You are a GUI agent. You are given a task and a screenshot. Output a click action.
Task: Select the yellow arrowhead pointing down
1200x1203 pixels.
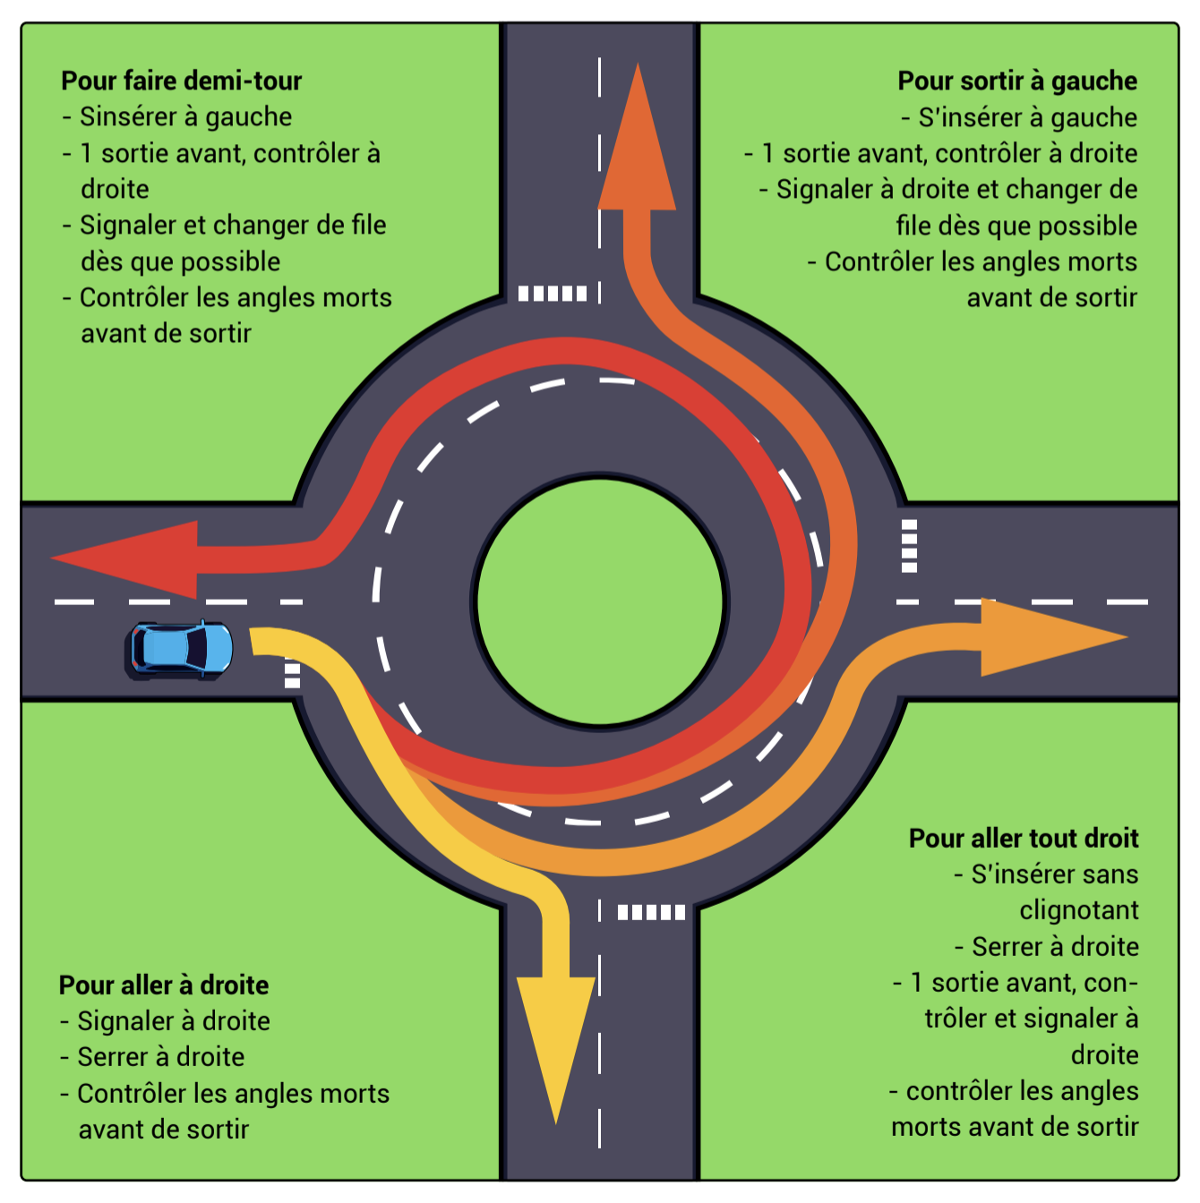tap(556, 1038)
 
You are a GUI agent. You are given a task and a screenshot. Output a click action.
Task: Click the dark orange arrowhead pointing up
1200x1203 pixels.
tap(637, 148)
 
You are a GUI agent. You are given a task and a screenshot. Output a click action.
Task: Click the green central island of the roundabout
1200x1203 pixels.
tap(600, 601)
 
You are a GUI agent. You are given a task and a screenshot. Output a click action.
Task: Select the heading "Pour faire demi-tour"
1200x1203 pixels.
tap(182, 81)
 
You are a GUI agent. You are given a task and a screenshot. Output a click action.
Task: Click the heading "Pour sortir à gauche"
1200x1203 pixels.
tap(1017, 81)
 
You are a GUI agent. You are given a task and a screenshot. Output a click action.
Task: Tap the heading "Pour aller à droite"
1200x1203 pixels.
tap(164, 985)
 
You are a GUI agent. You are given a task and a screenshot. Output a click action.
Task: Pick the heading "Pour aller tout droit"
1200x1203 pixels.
tap(1024, 838)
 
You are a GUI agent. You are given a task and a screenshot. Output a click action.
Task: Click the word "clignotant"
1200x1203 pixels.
tap(1079, 910)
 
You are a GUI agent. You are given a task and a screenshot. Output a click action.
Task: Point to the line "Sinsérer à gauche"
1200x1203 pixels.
tap(185, 117)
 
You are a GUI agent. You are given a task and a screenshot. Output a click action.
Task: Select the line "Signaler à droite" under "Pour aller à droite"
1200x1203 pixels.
tap(173, 1021)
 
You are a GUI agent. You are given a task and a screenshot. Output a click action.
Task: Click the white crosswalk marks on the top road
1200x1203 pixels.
tap(553, 293)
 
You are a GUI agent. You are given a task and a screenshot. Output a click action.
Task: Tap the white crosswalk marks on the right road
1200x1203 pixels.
tap(909, 545)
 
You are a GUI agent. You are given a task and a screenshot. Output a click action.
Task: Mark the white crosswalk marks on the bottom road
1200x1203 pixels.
tap(651, 912)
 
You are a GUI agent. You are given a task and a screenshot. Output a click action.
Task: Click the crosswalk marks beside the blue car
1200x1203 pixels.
tap(292, 674)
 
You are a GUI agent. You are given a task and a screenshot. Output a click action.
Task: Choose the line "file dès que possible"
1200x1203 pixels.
tap(1016, 226)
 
